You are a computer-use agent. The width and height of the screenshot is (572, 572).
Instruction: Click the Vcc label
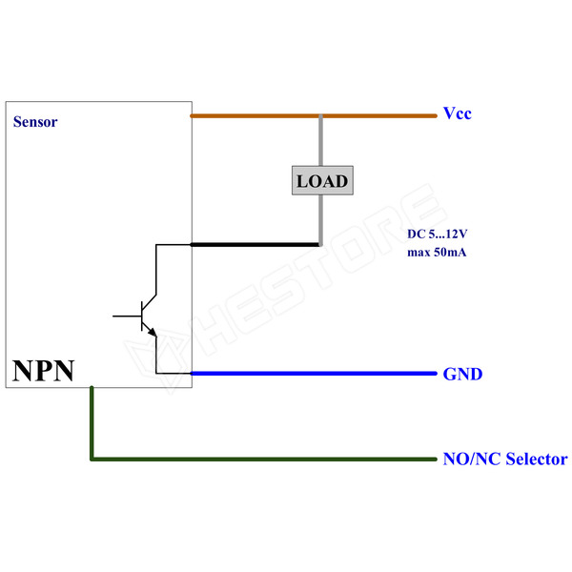(457, 114)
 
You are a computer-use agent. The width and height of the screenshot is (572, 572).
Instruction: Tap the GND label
(462, 374)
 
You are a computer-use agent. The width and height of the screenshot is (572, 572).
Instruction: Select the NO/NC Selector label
(505, 460)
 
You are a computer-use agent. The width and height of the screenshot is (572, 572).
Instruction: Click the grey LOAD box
(321, 180)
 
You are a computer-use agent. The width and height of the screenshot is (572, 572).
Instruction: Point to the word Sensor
(35, 122)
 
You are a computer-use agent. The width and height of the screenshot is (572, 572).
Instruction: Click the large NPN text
(43, 370)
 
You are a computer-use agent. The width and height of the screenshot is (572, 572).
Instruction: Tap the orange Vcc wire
(257, 116)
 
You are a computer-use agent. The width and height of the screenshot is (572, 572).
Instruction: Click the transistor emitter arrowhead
(152, 331)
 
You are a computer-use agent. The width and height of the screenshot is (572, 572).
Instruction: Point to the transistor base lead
(127, 314)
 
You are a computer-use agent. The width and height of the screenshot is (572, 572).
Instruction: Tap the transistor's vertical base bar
(142, 314)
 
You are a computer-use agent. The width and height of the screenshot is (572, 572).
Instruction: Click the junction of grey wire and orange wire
(321, 117)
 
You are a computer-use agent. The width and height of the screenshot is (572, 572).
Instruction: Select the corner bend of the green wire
(92, 459)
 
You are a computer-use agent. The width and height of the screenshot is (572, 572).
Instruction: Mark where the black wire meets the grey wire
(320, 244)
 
